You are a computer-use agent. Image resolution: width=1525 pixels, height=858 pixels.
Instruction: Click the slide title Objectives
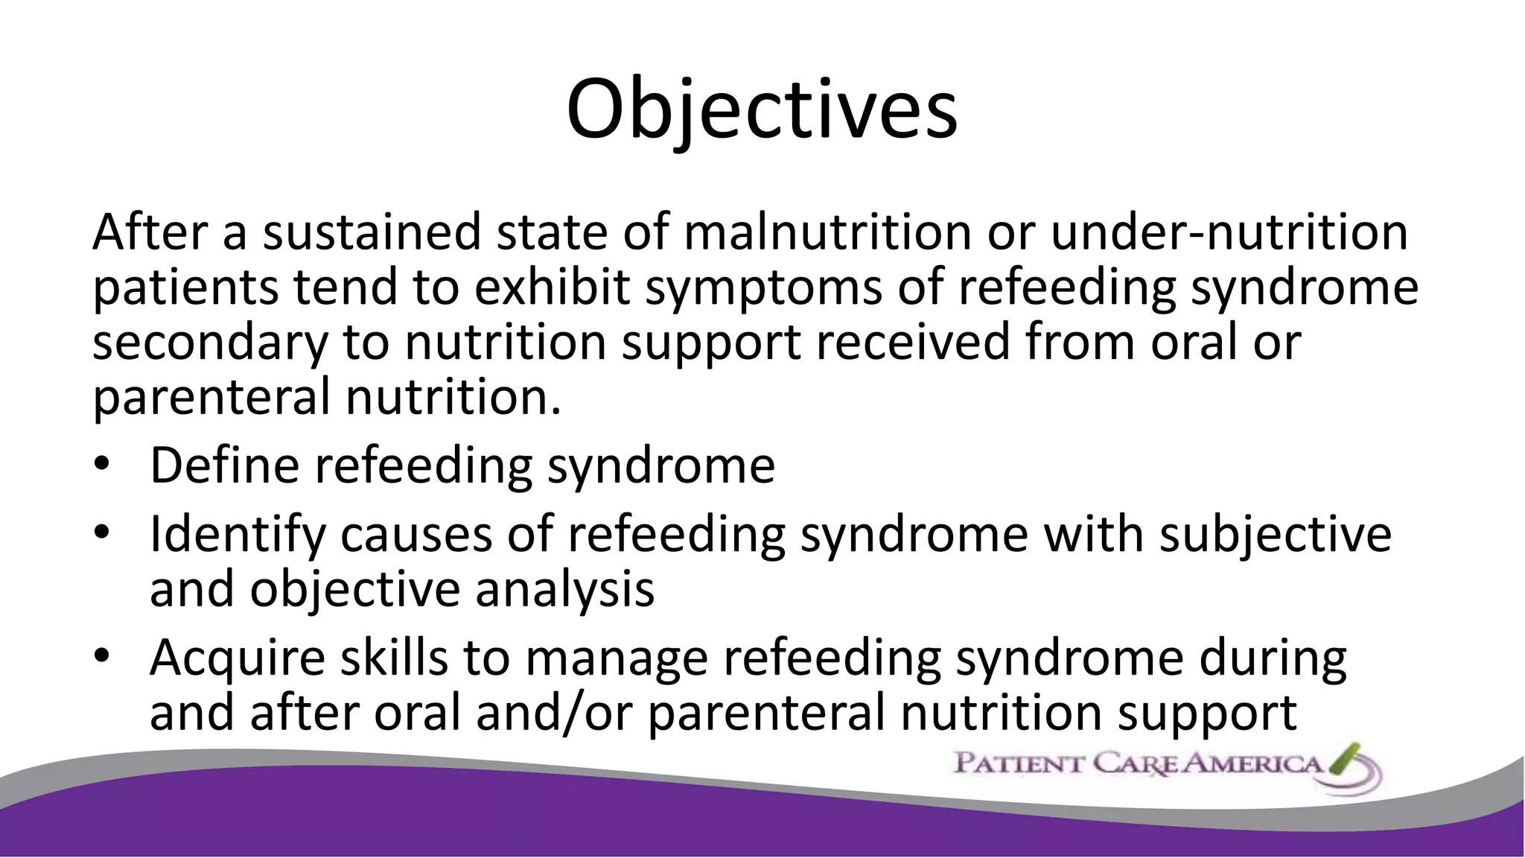pyautogui.click(x=762, y=110)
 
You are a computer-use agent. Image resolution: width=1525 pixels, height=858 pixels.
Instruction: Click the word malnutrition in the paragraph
pyautogui.click(x=827, y=232)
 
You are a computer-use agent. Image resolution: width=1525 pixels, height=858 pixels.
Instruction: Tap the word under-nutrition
pyautogui.click(x=1229, y=232)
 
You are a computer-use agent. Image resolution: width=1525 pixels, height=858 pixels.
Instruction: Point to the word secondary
pyautogui.click(x=210, y=343)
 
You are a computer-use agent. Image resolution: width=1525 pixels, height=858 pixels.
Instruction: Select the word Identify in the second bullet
pyautogui.click(x=238, y=535)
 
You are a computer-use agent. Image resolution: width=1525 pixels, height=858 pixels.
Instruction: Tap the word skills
pyautogui.click(x=395, y=658)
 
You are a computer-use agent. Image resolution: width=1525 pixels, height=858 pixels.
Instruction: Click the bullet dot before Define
pyautogui.click(x=102, y=465)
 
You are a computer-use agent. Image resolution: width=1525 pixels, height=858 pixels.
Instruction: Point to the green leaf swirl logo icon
pyautogui.click(x=1349, y=767)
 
